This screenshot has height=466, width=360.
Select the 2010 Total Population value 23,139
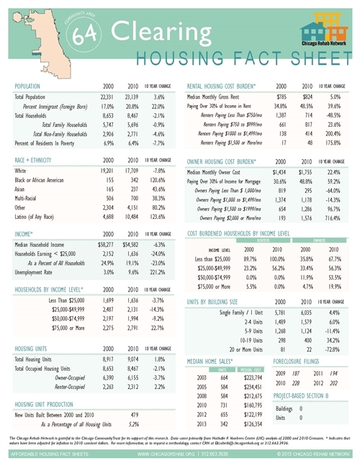pyautogui.click(x=132, y=96)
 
